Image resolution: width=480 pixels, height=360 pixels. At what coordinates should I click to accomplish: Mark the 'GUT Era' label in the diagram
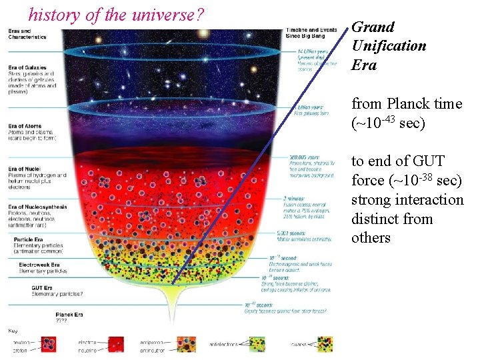pyautogui.click(x=18, y=287)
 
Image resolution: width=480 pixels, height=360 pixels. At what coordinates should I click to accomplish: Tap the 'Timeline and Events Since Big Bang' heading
pyautogui.click(x=310, y=33)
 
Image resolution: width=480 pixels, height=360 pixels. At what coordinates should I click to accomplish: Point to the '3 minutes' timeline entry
pyautogui.click(x=294, y=198)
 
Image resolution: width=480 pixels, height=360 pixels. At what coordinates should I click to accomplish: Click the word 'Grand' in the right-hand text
pyautogui.click(x=373, y=27)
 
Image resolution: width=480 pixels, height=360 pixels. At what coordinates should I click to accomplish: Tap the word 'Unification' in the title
pyautogui.click(x=389, y=46)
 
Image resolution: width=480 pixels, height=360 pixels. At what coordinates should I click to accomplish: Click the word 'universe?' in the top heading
pyautogui.click(x=169, y=14)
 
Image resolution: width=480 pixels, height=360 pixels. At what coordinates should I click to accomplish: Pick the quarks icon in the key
pyautogui.click(x=324, y=344)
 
